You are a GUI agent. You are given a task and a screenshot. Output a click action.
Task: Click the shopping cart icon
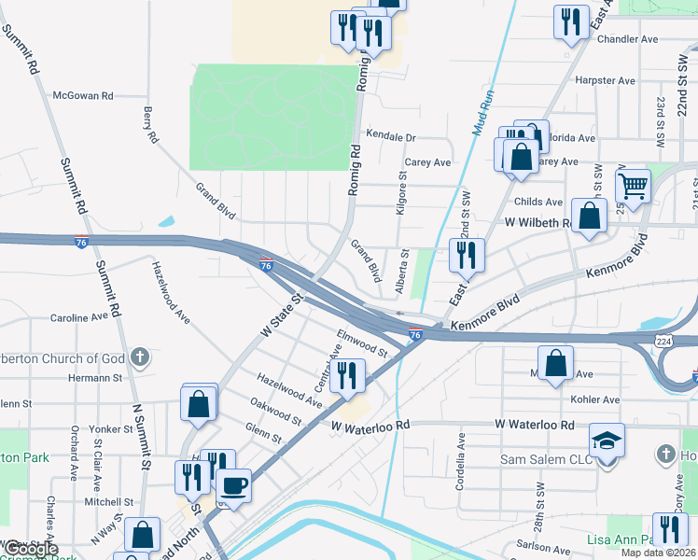pos(633,185)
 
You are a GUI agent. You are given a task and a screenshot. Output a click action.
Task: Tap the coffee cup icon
pos(232,484)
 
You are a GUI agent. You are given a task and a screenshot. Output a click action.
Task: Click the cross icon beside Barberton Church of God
pos(140,357)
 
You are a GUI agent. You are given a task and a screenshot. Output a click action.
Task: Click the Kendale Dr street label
pos(391,136)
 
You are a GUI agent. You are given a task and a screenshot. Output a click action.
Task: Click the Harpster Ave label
pos(607,80)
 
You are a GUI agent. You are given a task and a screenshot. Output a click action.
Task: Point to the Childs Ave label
pos(538,202)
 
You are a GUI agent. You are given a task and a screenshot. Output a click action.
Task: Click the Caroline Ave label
pos(79,317)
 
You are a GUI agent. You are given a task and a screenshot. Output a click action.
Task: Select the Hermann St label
pos(98,378)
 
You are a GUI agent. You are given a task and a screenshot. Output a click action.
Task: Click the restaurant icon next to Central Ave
pos(348,376)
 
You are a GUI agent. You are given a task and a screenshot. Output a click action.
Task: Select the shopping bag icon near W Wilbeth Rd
pos(589,217)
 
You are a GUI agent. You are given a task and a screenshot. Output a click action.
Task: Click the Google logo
pos(31,550)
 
